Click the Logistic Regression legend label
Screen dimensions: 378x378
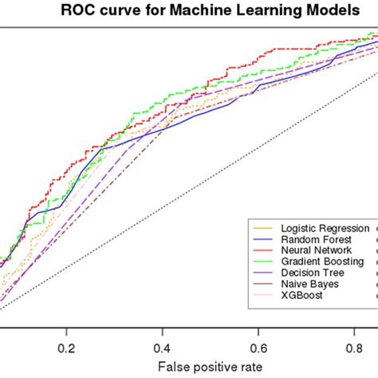point(319,227)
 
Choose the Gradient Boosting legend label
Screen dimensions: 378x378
point(317,261)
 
